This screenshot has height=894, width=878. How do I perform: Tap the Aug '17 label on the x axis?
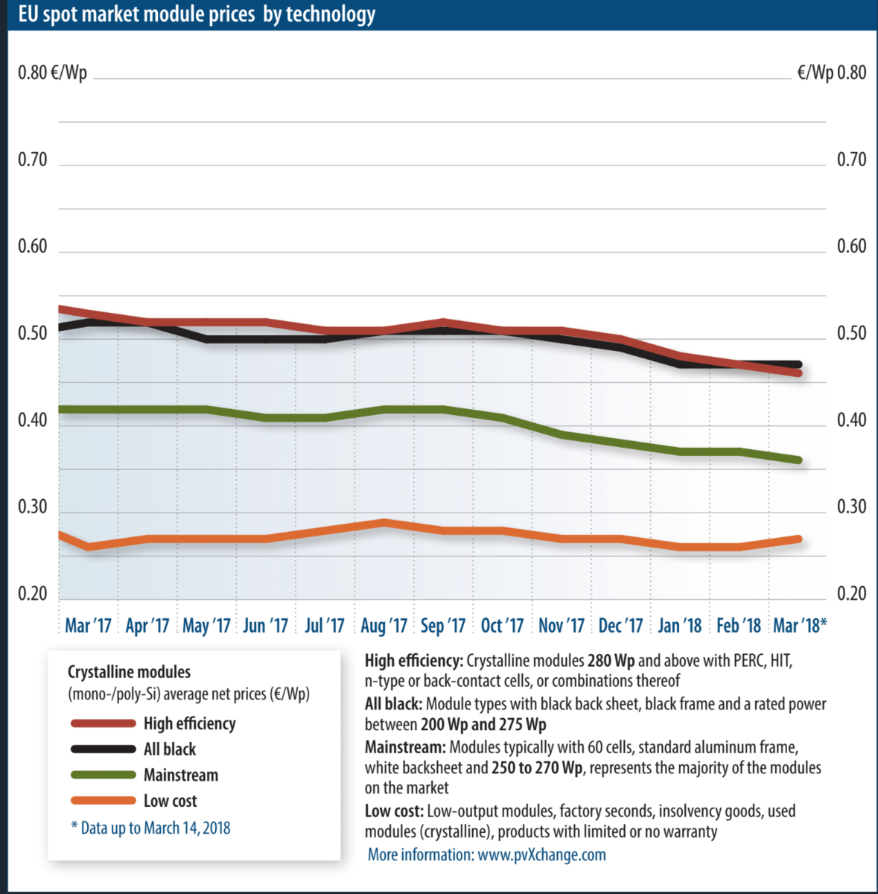coord(384,625)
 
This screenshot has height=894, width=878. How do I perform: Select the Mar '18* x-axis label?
coord(800,625)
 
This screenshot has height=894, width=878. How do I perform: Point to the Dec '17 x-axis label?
coord(620,625)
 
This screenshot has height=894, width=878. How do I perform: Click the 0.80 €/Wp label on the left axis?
coord(52,72)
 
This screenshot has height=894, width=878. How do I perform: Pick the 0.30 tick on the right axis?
coord(851,507)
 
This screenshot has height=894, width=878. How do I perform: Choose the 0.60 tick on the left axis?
coord(32,246)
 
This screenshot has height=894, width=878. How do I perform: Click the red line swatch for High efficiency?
coord(103,723)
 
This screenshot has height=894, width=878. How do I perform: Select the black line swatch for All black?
coord(103,749)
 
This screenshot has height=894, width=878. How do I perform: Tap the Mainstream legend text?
coord(181,775)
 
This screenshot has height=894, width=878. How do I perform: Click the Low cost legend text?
coord(171,801)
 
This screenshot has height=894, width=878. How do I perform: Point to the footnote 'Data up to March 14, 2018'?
coord(150,828)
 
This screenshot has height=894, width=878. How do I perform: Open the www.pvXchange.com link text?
coord(541,855)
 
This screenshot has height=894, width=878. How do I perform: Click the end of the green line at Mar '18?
coord(798,460)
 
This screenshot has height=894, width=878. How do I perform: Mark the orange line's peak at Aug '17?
coord(384,522)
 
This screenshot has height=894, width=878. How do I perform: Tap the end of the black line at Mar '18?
coord(798,364)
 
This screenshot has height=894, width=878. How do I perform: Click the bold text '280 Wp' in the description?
coord(611,661)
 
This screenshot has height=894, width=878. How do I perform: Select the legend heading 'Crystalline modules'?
coord(129,672)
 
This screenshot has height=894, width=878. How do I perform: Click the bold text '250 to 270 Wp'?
coord(537,767)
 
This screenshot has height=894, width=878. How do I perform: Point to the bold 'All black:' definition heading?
coord(393,704)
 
